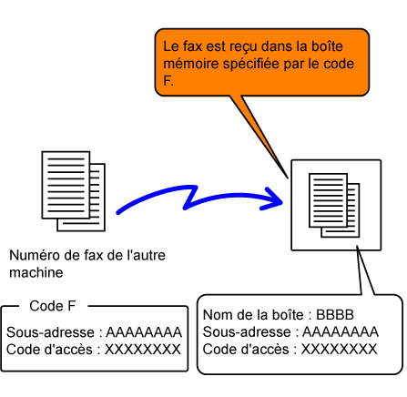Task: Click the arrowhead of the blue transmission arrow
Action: [x=273, y=199]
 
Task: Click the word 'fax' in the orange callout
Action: [x=193, y=46]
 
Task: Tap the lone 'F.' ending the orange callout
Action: [x=168, y=81]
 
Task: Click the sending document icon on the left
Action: [x=74, y=191]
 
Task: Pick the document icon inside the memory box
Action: [x=334, y=206]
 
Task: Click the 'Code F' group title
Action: [x=53, y=306]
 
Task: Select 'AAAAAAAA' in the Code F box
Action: [x=144, y=332]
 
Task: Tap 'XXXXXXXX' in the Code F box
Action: [x=143, y=350]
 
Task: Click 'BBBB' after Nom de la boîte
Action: [x=335, y=315]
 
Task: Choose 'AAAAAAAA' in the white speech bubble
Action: [x=341, y=331]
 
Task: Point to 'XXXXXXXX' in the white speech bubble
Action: [x=339, y=349]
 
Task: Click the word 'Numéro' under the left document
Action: [x=35, y=255]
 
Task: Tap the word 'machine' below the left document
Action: [x=36, y=272]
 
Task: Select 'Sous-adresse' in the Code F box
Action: [x=50, y=332]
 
